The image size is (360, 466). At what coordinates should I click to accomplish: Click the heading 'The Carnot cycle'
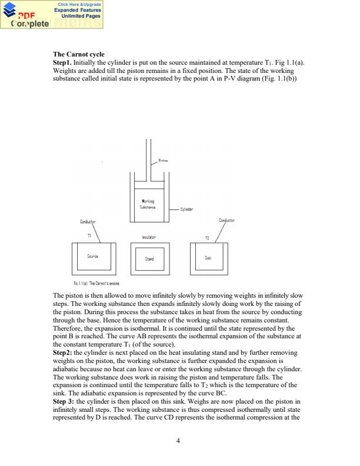[x=78, y=55]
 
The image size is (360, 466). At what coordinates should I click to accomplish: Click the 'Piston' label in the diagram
[x=164, y=160]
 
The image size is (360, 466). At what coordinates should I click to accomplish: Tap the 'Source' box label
[x=92, y=257]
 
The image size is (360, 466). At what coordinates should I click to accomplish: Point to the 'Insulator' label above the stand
[x=149, y=237]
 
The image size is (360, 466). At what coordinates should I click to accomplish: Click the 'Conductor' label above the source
[x=87, y=222]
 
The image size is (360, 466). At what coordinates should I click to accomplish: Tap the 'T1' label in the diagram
[x=89, y=235]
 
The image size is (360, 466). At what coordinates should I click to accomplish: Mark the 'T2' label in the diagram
[x=207, y=237]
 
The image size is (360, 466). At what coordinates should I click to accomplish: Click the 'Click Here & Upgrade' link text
[x=79, y=4]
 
